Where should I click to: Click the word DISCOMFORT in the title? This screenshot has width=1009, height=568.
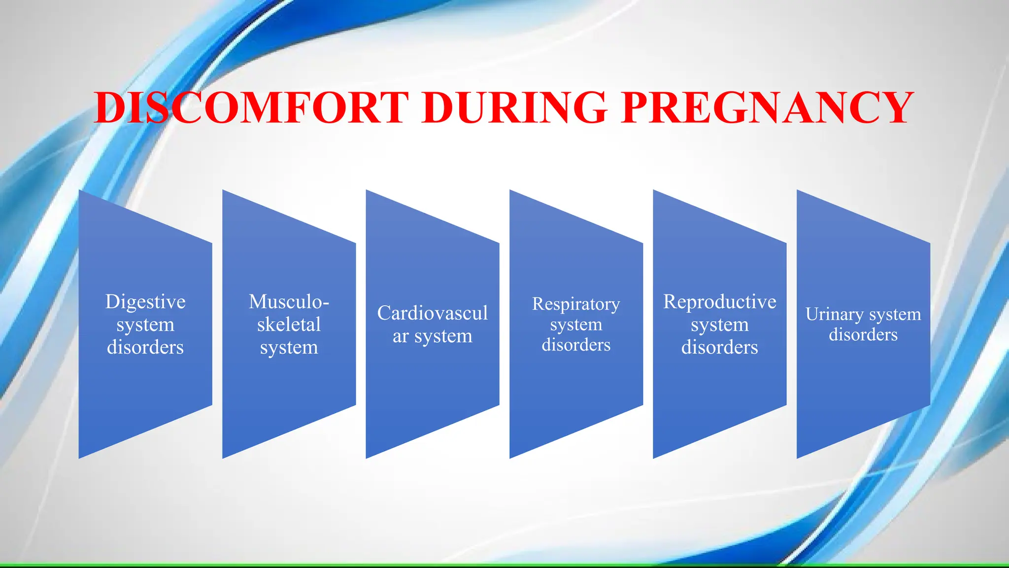point(251,107)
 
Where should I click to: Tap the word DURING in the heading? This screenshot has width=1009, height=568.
point(515,107)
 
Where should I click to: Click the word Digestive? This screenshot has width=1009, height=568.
point(145,302)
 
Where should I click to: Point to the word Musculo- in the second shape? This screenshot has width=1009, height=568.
point(289,302)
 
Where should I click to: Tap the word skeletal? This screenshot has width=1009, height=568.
point(289,324)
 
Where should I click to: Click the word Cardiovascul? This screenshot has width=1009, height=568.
point(432,313)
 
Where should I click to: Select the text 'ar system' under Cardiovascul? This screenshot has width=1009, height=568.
point(432,336)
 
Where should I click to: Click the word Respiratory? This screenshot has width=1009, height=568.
point(576,304)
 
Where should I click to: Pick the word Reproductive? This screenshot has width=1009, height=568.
point(719,302)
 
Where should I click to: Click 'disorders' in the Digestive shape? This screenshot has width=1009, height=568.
point(145,347)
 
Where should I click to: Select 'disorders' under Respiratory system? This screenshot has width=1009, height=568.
point(576,345)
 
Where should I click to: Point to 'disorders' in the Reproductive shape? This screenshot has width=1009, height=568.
point(719,347)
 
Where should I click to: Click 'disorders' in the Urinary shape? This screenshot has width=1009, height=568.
point(863,335)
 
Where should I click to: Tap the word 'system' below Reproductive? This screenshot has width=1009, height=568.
point(719,325)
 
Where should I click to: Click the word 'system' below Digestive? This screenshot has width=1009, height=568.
point(145,325)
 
